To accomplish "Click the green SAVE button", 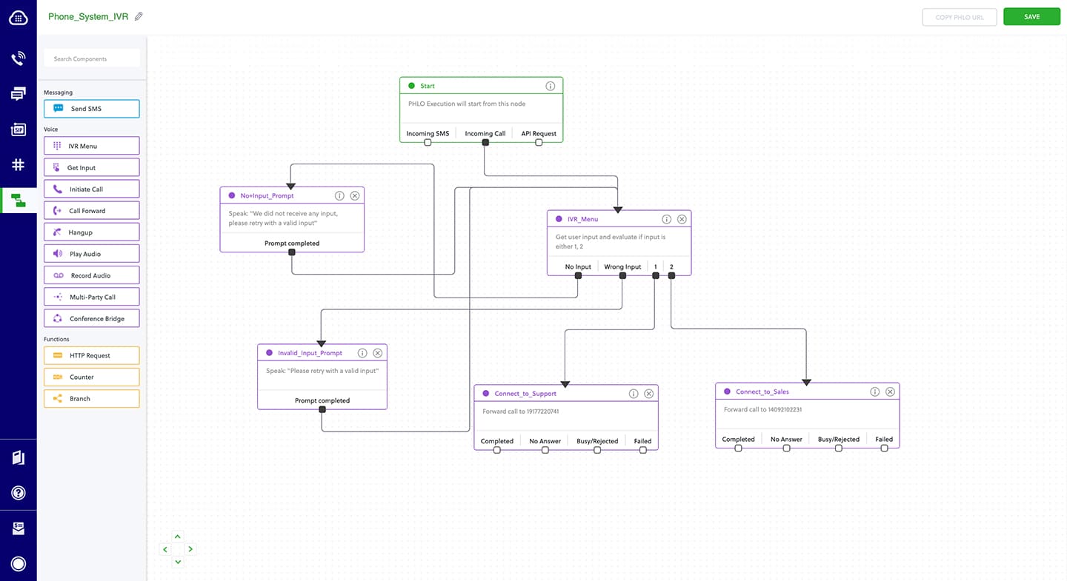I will pyautogui.click(x=1031, y=17).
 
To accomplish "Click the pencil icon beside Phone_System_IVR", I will pyautogui.click(x=139, y=16).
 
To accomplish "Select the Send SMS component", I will pyautogui.click(x=92, y=109).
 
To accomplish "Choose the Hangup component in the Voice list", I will pyautogui.click(x=92, y=232).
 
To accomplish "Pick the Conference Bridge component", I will pyautogui.click(x=92, y=319).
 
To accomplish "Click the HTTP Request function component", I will pyautogui.click(x=92, y=356).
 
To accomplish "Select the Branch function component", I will pyautogui.click(x=92, y=399).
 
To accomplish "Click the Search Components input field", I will pyautogui.click(x=92, y=58).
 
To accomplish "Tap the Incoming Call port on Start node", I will pyautogui.click(x=485, y=142).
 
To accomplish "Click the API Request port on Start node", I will pyautogui.click(x=539, y=142).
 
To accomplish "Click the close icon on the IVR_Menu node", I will pyautogui.click(x=682, y=219).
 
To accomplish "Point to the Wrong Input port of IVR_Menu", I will pyautogui.click(x=622, y=275).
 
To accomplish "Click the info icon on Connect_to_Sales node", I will pyautogui.click(x=874, y=392).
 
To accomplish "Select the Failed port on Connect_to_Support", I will pyautogui.click(x=642, y=449).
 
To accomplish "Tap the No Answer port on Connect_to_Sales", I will pyautogui.click(x=786, y=448).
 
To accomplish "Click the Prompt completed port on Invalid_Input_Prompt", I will pyautogui.click(x=322, y=409).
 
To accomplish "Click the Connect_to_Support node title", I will pyautogui.click(x=525, y=394).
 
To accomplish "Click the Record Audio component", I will pyautogui.click(x=92, y=275).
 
